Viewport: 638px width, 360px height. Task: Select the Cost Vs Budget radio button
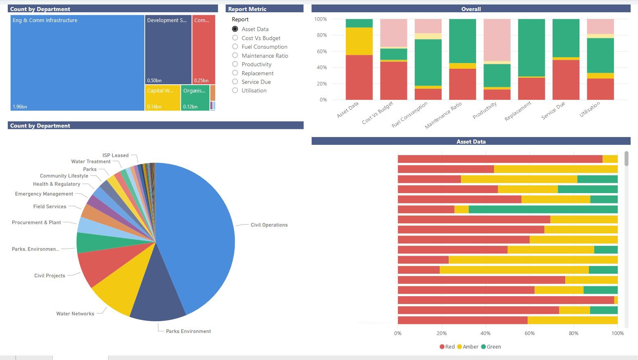click(235, 38)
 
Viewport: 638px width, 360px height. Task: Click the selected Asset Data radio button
click(235, 29)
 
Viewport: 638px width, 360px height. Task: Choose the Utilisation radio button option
click(235, 90)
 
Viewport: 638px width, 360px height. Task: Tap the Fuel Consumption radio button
click(235, 47)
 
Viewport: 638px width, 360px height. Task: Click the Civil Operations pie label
click(269, 225)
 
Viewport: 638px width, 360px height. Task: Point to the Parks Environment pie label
click(188, 331)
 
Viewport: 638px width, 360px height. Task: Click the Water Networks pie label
click(75, 314)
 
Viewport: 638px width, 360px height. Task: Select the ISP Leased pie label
click(115, 155)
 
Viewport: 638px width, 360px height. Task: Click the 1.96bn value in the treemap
click(20, 107)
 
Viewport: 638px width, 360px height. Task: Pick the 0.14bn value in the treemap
click(154, 107)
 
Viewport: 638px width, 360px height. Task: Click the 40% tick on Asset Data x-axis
click(485, 333)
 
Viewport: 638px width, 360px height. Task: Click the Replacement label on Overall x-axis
click(518, 111)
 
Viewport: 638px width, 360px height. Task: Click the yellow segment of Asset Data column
click(359, 41)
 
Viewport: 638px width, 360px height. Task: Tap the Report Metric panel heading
click(247, 9)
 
